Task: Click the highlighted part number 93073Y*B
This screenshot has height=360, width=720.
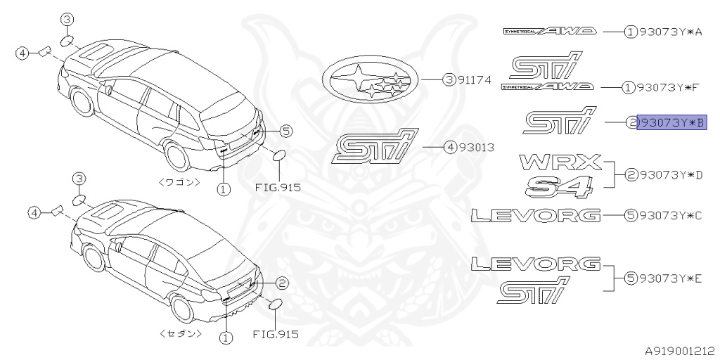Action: pos(671,123)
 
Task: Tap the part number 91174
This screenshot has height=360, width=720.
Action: pos(475,81)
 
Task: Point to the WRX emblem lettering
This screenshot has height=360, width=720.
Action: pos(561,162)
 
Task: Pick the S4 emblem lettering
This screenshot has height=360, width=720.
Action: pos(560,186)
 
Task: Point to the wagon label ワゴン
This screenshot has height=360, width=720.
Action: pos(180,181)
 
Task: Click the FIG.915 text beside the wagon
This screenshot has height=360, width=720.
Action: pos(277,188)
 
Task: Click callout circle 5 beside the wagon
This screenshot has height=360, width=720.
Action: pos(285,130)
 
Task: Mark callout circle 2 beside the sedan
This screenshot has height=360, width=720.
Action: pos(281,283)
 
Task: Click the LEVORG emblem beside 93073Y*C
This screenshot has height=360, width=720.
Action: pos(536,214)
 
